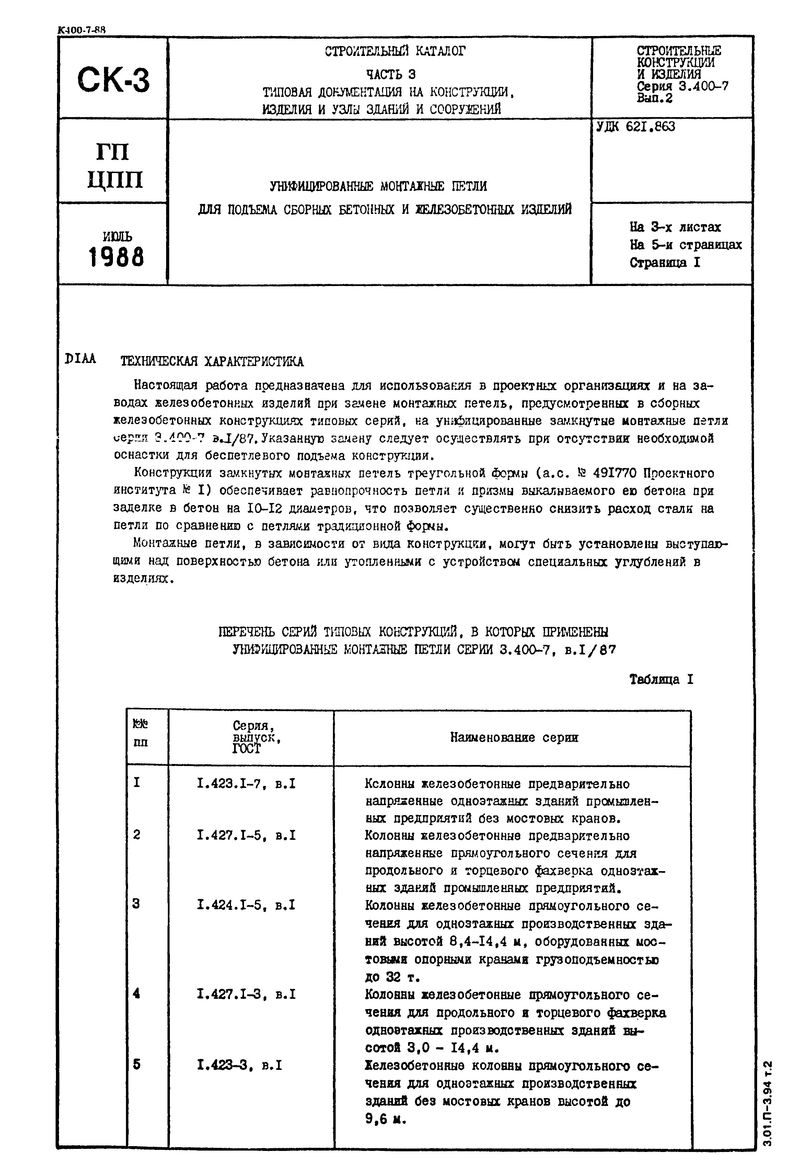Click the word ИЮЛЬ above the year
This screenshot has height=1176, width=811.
(117, 236)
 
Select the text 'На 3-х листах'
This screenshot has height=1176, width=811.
(675, 227)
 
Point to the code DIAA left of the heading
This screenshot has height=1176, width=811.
(81, 359)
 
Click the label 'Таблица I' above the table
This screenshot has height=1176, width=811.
(661, 680)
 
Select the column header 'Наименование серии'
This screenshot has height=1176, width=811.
(514, 738)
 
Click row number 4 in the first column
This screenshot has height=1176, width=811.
(137, 994)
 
